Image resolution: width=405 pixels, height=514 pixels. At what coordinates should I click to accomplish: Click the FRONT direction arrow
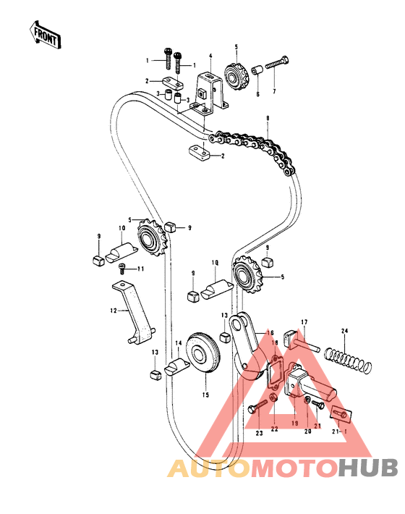point(45,35)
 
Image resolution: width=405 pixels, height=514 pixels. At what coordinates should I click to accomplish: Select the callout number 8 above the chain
point(268,118)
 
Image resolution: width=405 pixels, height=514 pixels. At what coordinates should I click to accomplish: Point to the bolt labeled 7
point(277,63)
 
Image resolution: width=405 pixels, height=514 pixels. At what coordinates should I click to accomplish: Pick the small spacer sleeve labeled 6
point(256,70)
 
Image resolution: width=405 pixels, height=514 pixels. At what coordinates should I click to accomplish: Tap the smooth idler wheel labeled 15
point(203,353)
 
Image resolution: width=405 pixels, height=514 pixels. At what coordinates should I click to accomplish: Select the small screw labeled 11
point(121,269)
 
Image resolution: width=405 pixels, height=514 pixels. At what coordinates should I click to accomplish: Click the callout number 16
point(270,333)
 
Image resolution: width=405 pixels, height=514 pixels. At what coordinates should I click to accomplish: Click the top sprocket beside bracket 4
point(236,77)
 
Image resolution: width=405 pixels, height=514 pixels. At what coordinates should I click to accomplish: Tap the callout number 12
point(114,310)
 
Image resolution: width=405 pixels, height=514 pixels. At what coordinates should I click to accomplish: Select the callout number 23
point(260,434)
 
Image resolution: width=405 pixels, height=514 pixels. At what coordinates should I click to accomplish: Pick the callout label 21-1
point(339,431)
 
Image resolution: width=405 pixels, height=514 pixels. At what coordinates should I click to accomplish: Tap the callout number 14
point(179,343)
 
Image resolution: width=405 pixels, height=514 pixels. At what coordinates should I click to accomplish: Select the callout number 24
point(344,331)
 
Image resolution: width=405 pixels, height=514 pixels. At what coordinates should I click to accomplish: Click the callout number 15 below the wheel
point(205,395)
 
